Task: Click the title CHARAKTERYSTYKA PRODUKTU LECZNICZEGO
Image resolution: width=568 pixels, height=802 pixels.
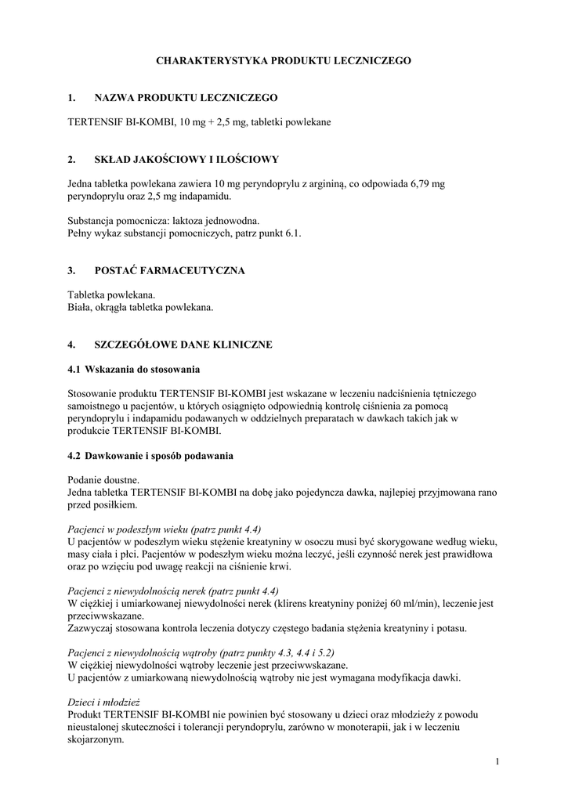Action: coord(284,60)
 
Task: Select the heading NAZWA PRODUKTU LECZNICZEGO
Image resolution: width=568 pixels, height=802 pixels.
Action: coord(186,98)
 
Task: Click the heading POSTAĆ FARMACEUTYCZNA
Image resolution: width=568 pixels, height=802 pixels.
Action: coord(169,271)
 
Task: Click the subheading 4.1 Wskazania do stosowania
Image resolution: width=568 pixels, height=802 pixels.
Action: coord(134,368)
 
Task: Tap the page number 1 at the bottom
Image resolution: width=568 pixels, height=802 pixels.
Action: coord(497,760)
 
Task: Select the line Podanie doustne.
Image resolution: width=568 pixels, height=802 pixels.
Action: coord(103,479)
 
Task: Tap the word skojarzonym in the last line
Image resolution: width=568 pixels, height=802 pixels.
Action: coord(96,739)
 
